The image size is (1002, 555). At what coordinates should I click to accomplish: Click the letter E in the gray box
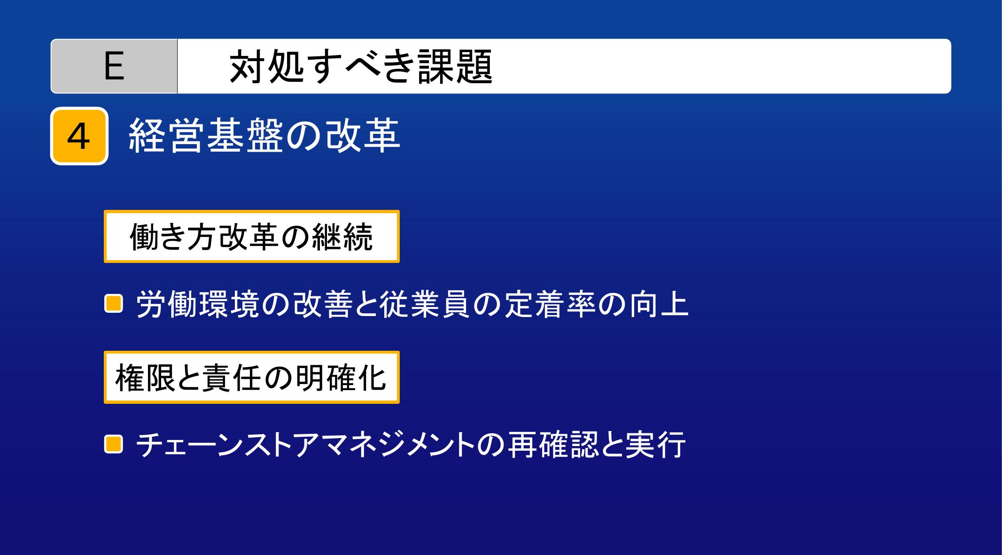tap(114, 67)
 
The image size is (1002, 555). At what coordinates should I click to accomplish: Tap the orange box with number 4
tap(79, 136)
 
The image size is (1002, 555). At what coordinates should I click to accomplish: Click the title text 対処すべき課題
tap(361, 67)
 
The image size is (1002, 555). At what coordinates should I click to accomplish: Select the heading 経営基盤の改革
tap(264, 136)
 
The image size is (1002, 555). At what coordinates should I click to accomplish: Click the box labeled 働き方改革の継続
tap(252, 236)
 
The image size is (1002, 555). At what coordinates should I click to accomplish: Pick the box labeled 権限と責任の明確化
tap(252, 377)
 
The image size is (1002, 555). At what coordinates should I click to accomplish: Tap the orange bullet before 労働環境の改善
tap(113, 303)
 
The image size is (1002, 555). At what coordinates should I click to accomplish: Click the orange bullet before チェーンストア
tap(113, 444)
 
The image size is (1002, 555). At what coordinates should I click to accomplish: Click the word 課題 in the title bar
tap(455, 67)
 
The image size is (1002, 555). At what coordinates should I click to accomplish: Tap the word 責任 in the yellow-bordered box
tap(231, 378)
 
